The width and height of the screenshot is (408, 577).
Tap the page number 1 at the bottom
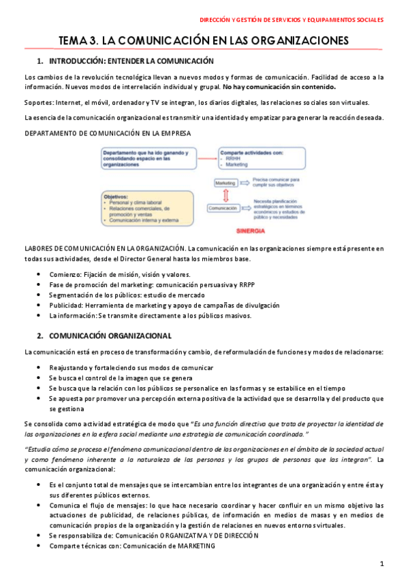pos(382,563)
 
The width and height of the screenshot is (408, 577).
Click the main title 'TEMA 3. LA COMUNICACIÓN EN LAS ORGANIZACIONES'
pos(204,40)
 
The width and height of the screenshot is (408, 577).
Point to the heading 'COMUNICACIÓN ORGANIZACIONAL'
pos(110,335)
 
